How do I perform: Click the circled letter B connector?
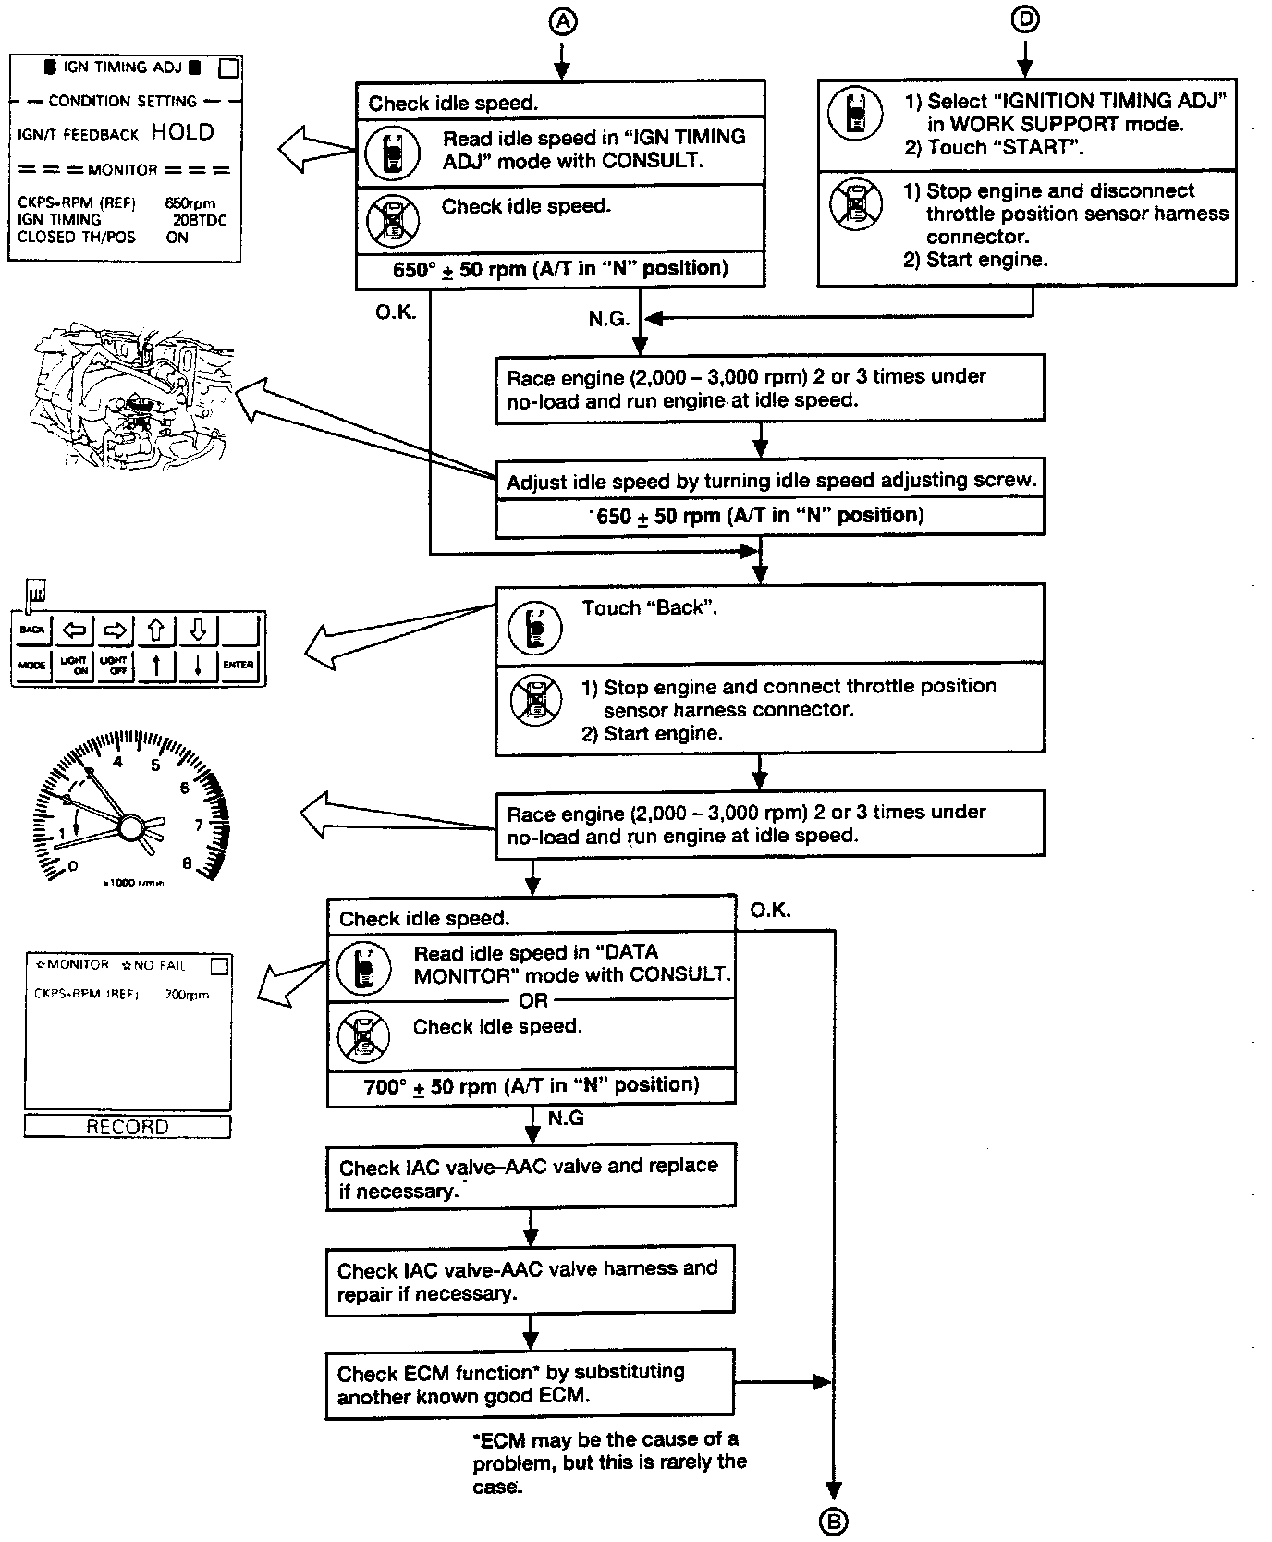(x=834, y=1521)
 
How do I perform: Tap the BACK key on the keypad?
(x=32, y=630)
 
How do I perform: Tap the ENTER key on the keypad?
(x=238, y=665)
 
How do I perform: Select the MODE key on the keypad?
(x=32, y=665)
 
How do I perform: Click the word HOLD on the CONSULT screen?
(x=182, y=132)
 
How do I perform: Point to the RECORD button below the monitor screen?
(x=128, y=1126)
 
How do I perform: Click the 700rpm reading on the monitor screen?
(x=187, y=995)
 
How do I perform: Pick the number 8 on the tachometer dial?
(x=187, y=863)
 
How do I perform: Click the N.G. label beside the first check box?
(x=608, y=319)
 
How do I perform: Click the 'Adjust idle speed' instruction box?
(x=770, y=481)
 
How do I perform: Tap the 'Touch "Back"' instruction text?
(x=649, y=608)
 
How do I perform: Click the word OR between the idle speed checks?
(x=533, y=1000)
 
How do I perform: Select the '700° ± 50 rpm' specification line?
(x=532, y=1085)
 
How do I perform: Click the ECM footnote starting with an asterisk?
(x=608, y=1462)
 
